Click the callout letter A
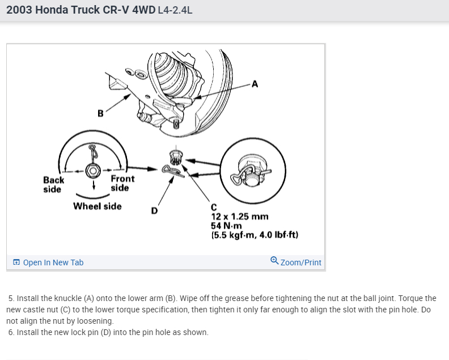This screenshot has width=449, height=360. pyautogui.click(x=255, y=84)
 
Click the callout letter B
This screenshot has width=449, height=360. pyautogui.click(x=100, y=113)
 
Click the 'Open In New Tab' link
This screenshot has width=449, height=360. pyautogui.click(x=53, y=262)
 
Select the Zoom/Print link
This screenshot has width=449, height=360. pyautogui.click(x=300, y=262)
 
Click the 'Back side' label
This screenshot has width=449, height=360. pyautogui.click(x=54, y=184)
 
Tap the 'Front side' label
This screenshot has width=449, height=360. pyautogui.click(x=122, y=183)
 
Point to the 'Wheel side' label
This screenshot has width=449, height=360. pyautogui.click(x=98, y=206)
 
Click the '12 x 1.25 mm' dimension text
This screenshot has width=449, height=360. pyautogui.click(x=239, y=217)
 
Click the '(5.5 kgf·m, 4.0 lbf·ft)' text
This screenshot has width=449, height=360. pyautogui.click(x=255, y=234)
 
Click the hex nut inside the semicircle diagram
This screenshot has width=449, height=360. pyautogui.click(x=92, y=170)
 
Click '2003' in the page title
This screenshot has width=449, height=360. pyautogui.click(x=19, y=10)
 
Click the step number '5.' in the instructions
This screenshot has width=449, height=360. pyautogui.click(x=12, y=298)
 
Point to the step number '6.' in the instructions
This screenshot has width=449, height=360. pyautogui.click(x=12, y=332)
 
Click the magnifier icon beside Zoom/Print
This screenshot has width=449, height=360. pyautogui.click(x=274, y=261)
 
